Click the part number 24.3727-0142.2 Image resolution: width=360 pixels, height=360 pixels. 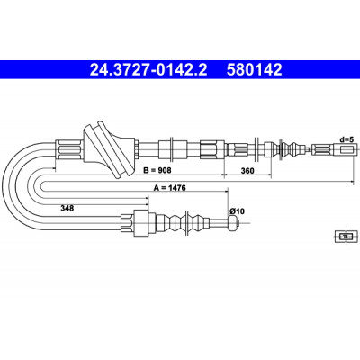point(148,70)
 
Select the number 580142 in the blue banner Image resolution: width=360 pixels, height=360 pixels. point(255,70)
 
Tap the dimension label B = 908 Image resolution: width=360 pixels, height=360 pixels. point(157,170)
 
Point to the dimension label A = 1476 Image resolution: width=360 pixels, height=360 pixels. point(170,188)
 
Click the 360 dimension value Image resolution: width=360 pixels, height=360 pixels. point(247,171)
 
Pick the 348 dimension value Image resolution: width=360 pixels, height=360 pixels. point(67,208)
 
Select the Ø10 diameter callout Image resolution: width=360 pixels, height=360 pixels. point(238,211)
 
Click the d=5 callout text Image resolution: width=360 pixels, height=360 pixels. point(347,139)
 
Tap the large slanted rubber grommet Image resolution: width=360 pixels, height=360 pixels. point(108,149)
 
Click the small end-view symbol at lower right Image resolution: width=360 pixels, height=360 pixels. point(346,236)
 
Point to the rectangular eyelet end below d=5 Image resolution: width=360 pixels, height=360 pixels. point(346,149)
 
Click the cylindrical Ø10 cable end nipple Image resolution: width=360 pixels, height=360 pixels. point(233,223)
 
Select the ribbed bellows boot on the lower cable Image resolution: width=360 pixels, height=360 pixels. point(183,223)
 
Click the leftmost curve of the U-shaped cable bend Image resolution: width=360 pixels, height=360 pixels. point(7,186)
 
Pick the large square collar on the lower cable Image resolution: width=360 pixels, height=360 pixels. point(141,223)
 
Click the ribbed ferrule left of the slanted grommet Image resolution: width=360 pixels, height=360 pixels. point(69,149)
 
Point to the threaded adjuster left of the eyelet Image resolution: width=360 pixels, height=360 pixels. point(323,149)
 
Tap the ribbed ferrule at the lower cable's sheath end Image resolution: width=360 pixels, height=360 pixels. point(127,223)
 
